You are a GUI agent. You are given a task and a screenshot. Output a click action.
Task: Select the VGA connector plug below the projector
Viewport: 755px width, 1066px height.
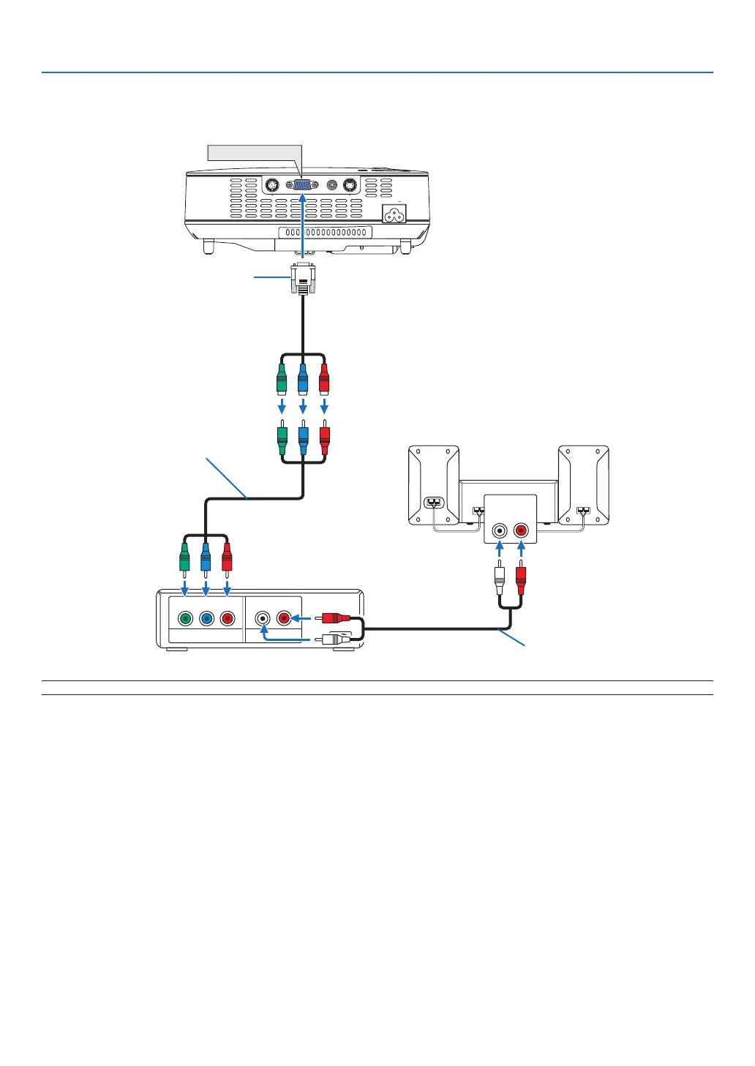pos(303,278)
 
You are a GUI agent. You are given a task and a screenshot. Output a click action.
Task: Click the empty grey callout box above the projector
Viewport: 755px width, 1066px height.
pos(255,152)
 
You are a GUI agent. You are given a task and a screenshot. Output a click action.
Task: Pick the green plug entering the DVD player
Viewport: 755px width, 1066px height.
pos(185,558)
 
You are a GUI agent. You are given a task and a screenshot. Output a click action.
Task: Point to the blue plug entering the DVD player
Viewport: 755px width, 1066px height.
pos(206,558)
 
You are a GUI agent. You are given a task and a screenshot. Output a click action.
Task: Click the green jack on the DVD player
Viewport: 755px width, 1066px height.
pos(186,618)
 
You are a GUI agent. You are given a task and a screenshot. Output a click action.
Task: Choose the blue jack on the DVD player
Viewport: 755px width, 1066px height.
pos(207,618)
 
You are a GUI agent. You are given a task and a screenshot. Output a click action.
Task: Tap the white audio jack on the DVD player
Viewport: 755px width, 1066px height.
pos(263,618)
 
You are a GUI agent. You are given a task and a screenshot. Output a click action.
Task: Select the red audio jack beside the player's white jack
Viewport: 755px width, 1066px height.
pos(284,618)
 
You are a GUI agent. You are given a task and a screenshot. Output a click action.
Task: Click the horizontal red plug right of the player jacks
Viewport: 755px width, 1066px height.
pos(334,618)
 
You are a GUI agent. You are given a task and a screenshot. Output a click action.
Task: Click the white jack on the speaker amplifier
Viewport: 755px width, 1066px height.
pos(500,530)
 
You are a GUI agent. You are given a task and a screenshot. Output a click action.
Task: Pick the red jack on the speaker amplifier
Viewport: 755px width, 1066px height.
pos(521,530)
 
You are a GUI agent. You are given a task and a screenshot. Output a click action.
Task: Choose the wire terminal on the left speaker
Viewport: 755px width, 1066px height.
pos(434,503)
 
